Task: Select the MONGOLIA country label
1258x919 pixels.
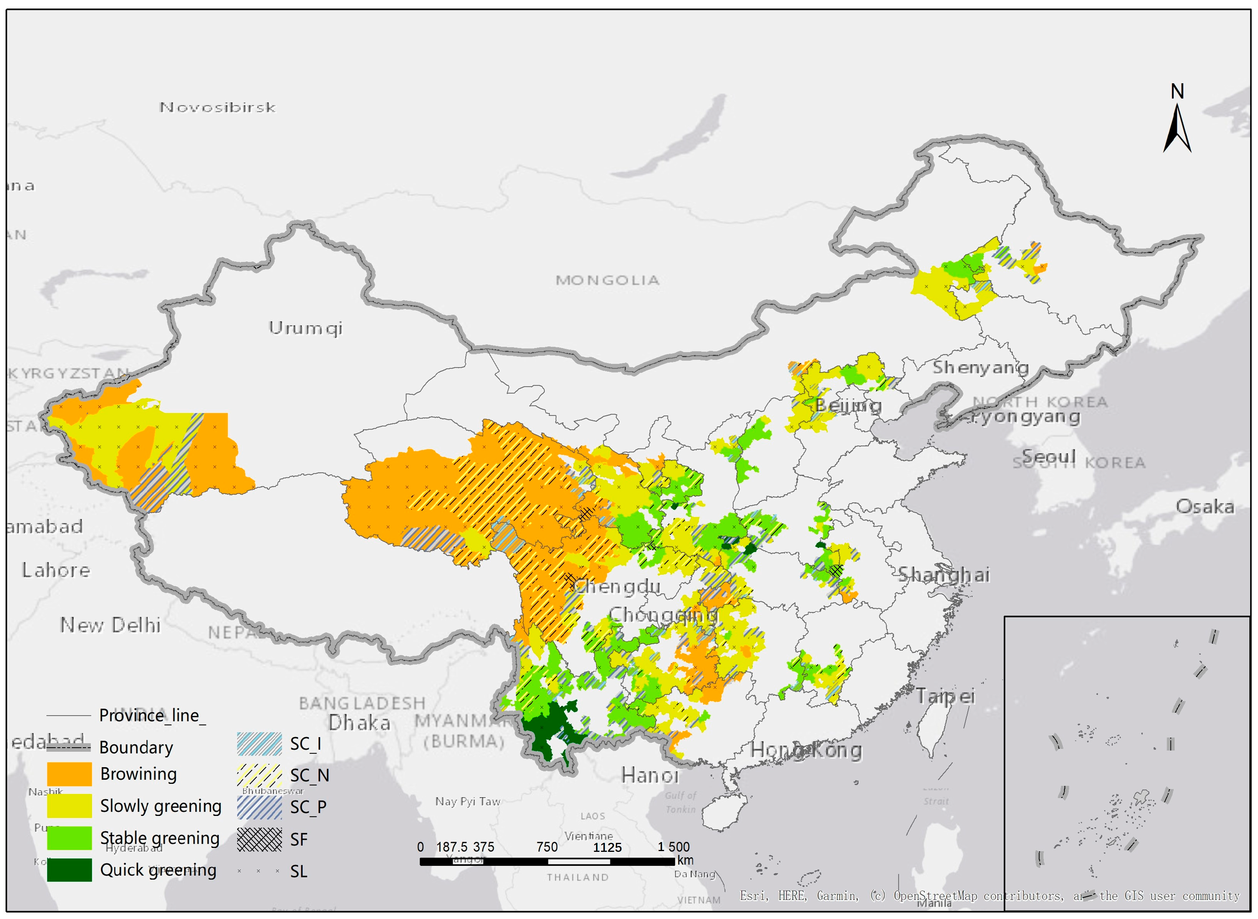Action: (607, 280)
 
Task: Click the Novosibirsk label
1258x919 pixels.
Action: (217, 107)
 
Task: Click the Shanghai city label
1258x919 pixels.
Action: (944, 575)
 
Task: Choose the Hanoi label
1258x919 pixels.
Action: (649, 775)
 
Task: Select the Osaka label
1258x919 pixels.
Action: (1205, 506)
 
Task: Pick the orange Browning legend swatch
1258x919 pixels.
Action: (69, 774)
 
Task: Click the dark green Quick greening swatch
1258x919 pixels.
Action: (69, 870)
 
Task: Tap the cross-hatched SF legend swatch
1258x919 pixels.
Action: (259, 839)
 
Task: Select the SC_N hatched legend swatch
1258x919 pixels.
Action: (259, 775)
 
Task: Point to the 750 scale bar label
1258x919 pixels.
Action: (547, 847)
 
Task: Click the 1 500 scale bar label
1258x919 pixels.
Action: (673, 847)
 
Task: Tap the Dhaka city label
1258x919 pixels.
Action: (359, 723)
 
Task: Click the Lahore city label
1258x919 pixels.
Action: (55, 570)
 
